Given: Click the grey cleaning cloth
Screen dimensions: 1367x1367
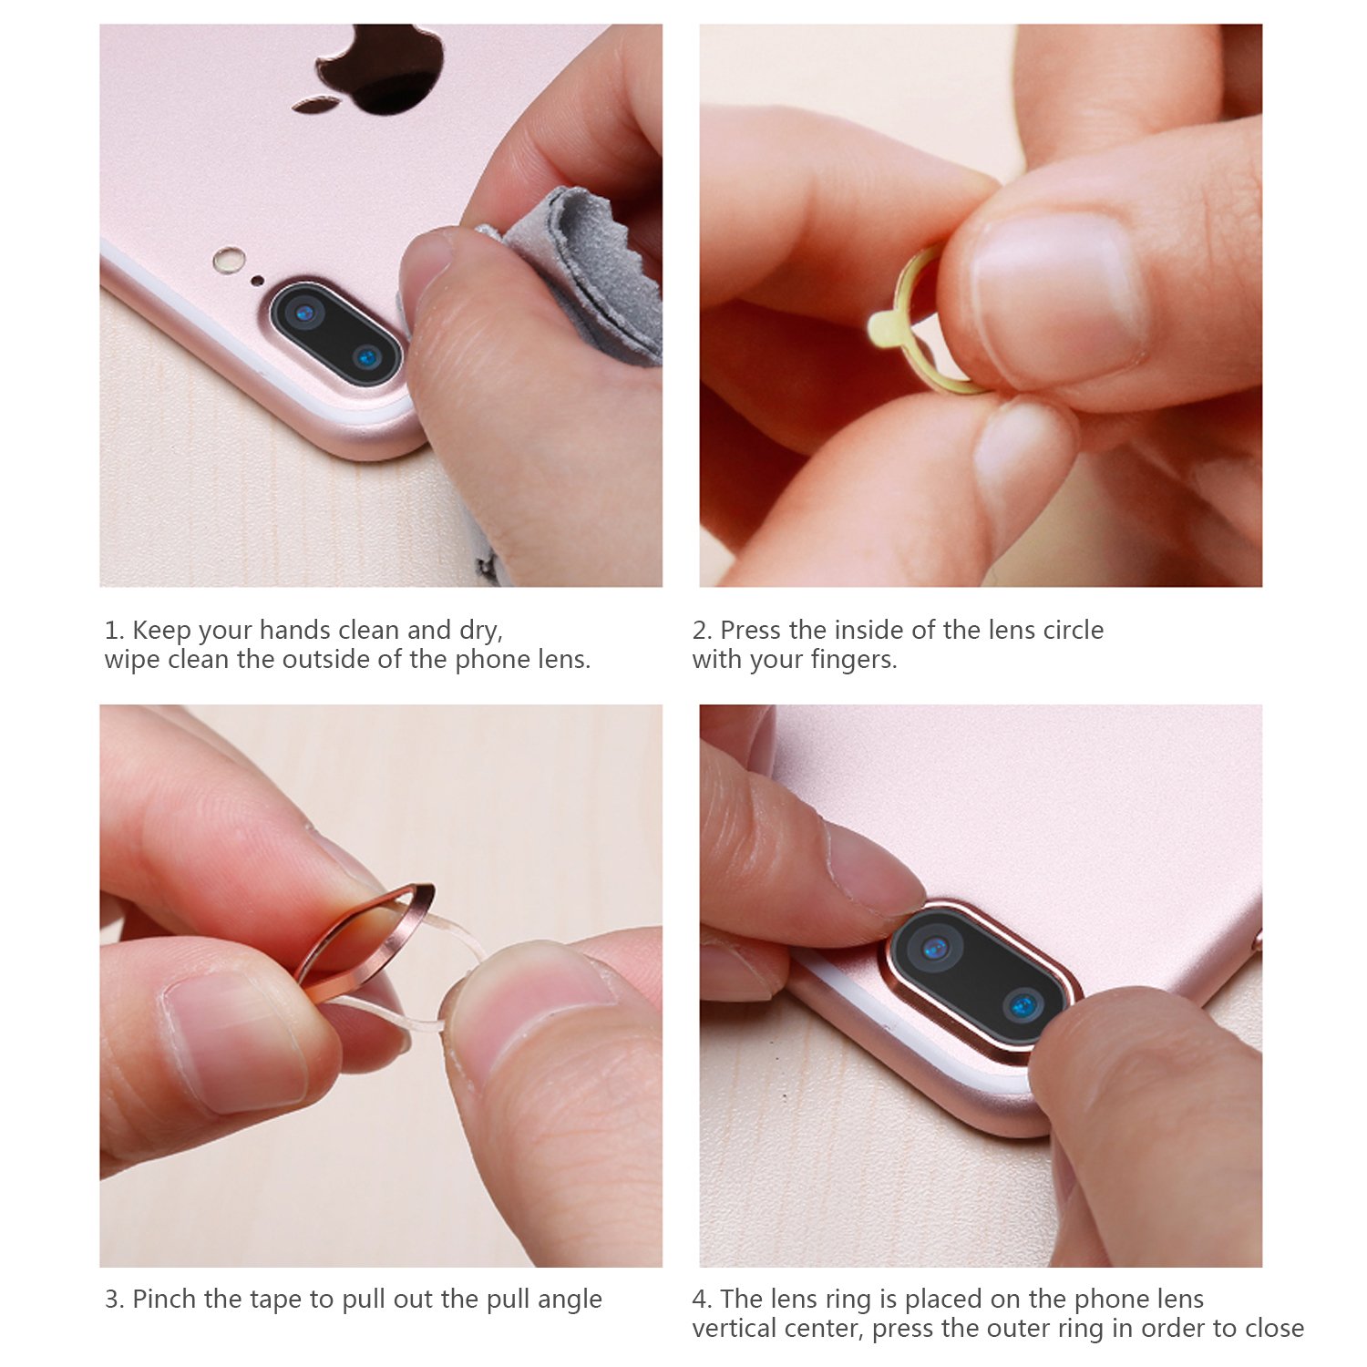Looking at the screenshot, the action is click(583, 273).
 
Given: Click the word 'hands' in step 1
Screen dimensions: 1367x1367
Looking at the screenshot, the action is click(295, 631).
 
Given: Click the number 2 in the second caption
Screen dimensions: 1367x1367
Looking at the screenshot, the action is click(700, 631).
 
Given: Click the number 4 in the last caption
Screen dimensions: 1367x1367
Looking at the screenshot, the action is click(700, 1300).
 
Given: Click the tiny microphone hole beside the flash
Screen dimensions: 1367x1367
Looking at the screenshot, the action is click(258, 280).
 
